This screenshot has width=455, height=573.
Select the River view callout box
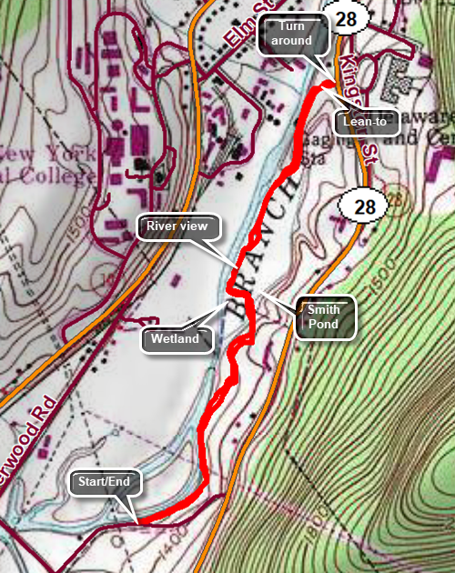click(177, 227)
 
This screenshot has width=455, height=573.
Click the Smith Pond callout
click(324, 317)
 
